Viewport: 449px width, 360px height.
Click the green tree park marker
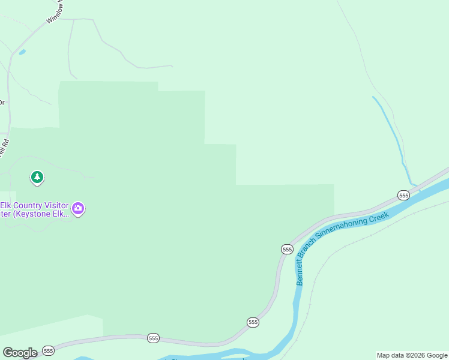(x=37, y=177)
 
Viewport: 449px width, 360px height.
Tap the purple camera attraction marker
(x=77, y=209)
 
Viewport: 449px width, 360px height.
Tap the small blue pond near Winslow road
(x=22, y=52)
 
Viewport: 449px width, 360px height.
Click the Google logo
(x=20, y=353)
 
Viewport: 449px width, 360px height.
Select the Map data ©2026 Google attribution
(x=412, y=355)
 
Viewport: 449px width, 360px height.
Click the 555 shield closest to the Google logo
(x=49, y=350)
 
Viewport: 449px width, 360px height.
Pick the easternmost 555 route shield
(x=403, y=196)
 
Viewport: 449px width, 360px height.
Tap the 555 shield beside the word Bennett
(x=287, y=249)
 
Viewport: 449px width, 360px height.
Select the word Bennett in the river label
(x=299, y=273)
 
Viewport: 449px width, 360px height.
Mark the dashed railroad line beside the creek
(x=336, y=247)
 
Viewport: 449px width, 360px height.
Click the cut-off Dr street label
(x=2, y=102)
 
